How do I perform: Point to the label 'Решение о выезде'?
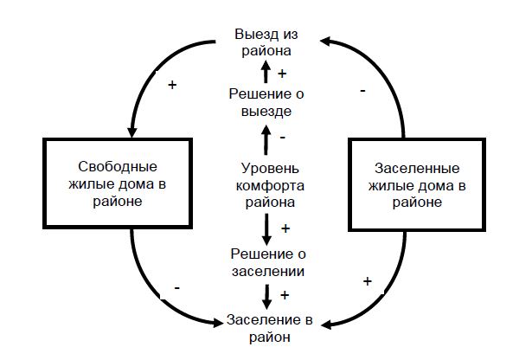pyautogui.click(x=266, y=101)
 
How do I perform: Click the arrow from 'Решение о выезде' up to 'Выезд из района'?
pyautogui.click(x=266, y=73)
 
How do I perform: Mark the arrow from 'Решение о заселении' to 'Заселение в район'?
pyautogui.click(x=266, y=295)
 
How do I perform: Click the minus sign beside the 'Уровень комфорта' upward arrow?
pyautogui.click(x=283, y=138)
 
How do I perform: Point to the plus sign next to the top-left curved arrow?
pyautogui.click(x=171, y=86)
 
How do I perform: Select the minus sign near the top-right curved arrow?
pyautogui.click(x=362, y=89)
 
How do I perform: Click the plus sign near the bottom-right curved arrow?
pyautogui.click(x=368, y=281)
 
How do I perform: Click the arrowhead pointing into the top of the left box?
pyautogui.click(x=132, y=131)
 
